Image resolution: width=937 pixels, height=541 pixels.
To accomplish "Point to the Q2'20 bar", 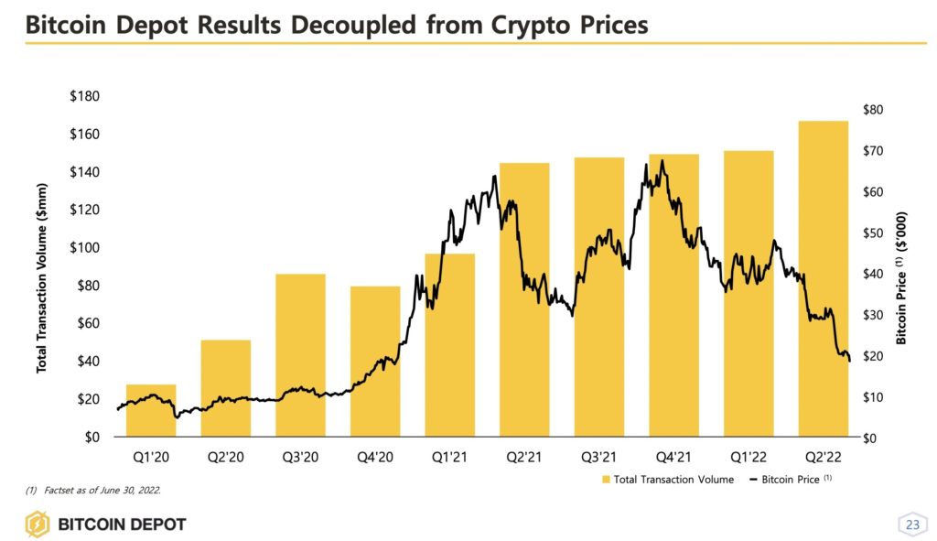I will pyautogui.click(x=226, y=388).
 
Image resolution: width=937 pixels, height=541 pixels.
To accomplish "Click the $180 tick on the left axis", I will pyautogui.click(x=85, y=97).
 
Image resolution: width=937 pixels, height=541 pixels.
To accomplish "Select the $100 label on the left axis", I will pyautogui.click(x=85, y=248).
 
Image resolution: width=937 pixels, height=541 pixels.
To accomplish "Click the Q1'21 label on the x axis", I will pyautogui.click(x=450, y=455).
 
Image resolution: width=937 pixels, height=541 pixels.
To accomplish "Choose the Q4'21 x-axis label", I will pyautogui.click(x=674, y=455).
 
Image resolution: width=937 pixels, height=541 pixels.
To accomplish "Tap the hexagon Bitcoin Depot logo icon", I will pyautogui.click(x=38, y=525).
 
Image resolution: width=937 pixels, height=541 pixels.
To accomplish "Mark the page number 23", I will pyautogui.click(x=911, y=525).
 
